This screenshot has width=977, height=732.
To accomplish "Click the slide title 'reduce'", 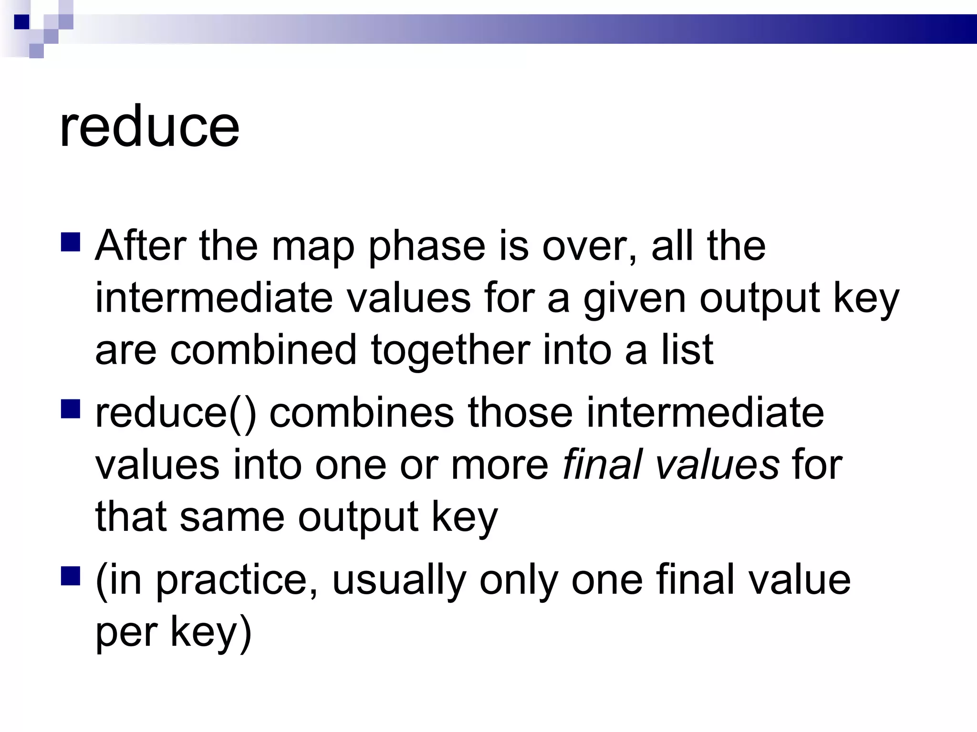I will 149,127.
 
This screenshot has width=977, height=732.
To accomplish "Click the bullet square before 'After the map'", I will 71,242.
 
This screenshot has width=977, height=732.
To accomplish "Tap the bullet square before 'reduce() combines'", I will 71,409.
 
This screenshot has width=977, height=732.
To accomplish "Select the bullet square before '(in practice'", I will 71,576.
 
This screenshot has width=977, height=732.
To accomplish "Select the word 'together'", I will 450,351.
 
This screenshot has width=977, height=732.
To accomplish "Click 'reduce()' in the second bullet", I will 176,414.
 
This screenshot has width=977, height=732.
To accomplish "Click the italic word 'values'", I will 717,466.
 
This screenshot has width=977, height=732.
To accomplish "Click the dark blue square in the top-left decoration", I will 22,22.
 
